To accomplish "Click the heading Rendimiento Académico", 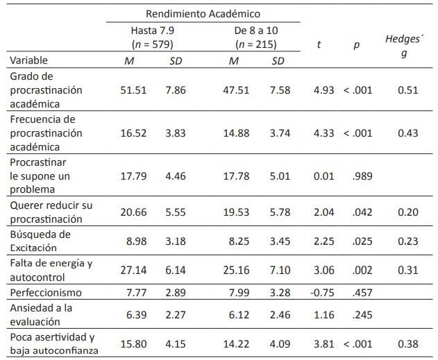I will (203, 13).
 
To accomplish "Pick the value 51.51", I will (133, 90).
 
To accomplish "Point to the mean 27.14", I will (133, 267).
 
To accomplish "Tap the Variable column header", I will (29, 60).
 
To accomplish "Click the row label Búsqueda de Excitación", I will (40, 241).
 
